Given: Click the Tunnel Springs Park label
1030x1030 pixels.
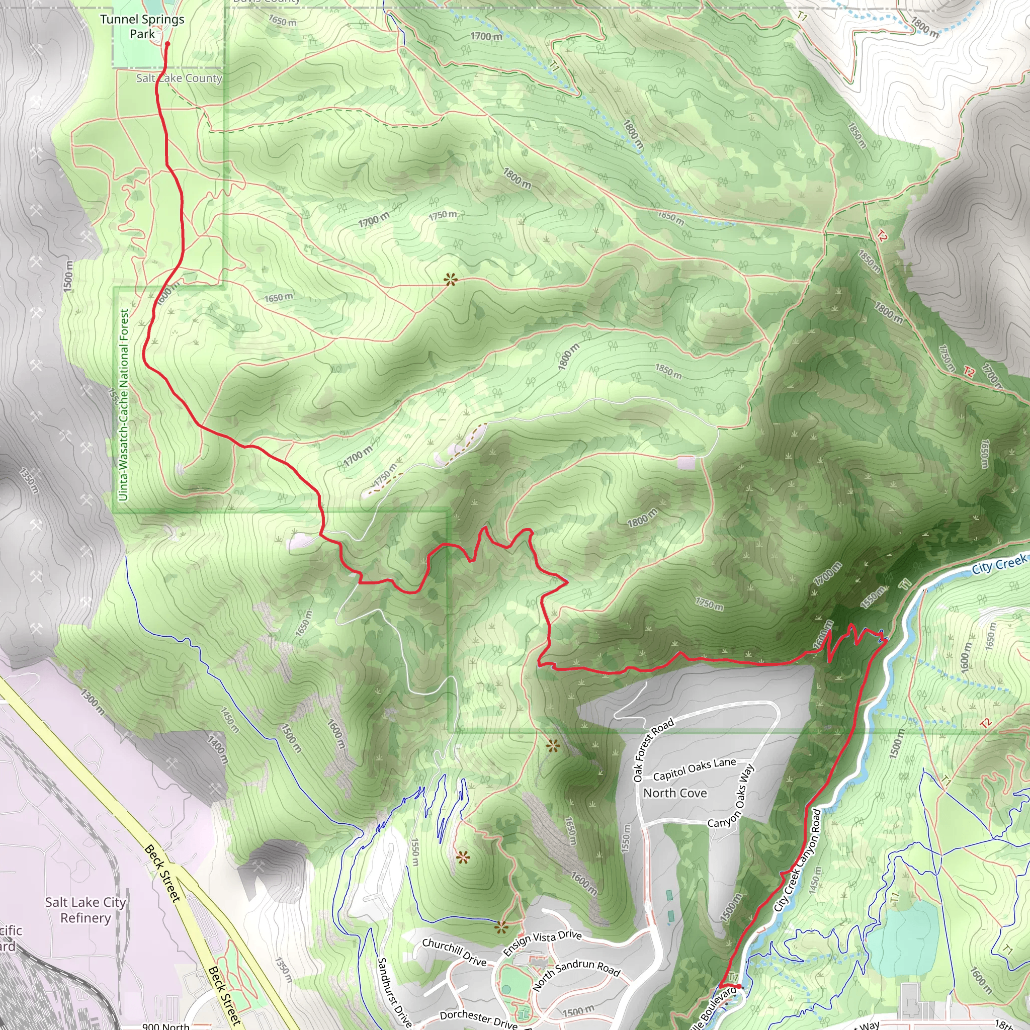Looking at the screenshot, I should pyautogui.click(x=142, y=27).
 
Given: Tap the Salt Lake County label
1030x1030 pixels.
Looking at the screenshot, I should pyautogui.click(x=179, y=78).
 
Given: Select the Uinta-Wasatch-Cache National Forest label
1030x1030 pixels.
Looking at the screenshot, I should pyautogui.click(x=124, y=405).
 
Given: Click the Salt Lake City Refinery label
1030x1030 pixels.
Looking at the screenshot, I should pyautogui.click(x=85, y=909).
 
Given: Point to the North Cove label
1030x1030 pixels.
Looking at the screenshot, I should pyautogui.click(x=675, y=793).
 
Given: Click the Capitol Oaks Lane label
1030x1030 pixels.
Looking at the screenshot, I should pyautogui.click(x=695, y=769).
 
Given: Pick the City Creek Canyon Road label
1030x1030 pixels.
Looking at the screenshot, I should pyautogui.click(x=798, y=860).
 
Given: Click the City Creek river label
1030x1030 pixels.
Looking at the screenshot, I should pyautogui.click(x=998, y=564).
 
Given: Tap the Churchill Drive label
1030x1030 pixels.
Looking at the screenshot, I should pyautogui.click(x=454, y=952).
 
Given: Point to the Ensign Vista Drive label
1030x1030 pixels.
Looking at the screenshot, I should pyautogui.click(x=542, y=943).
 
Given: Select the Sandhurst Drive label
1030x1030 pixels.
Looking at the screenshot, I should pyautogui.click(x=394, y=992).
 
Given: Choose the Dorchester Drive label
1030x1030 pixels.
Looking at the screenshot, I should pyautogui.click(x=478, y=1019).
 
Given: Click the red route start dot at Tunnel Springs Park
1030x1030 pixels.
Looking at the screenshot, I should pyautogui.click(x=167, y=44).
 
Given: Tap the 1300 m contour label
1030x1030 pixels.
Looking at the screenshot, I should pyautogui.click(x=92, y=702).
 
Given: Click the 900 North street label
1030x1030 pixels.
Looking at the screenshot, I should pyautogui.click(x=166, y=1026).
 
